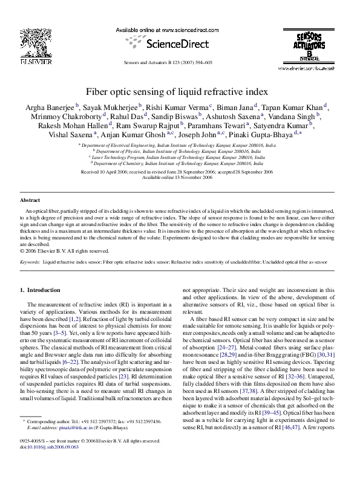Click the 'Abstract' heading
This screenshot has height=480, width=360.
point(30,199)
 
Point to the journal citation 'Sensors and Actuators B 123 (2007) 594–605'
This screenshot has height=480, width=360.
point(168,62)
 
